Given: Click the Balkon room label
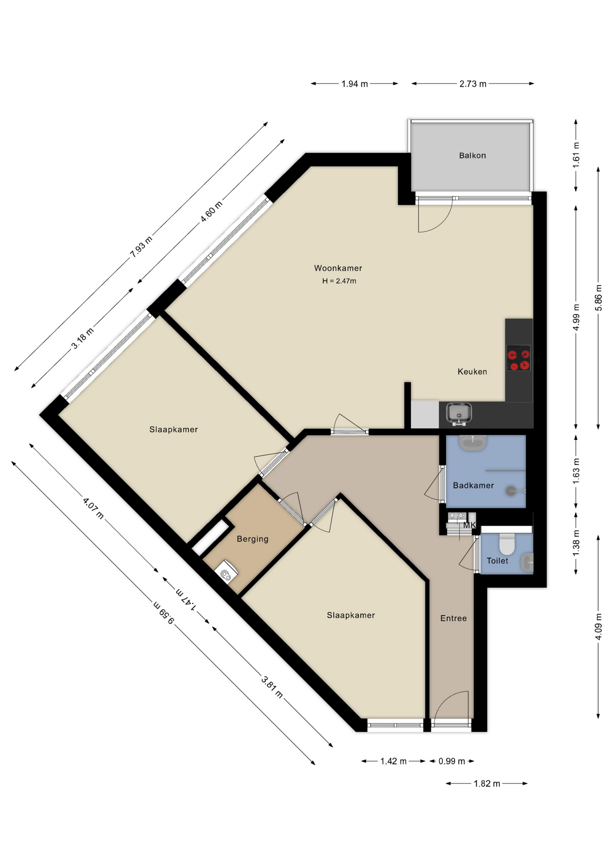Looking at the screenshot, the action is (472, 155).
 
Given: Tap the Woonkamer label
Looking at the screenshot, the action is (338, 268).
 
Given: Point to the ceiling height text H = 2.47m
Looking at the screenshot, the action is (339, 281).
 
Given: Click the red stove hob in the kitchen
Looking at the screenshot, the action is (518, 358).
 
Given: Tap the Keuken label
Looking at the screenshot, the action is (472, 372).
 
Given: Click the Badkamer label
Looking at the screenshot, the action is (473, 485).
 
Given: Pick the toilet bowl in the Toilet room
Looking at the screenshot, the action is (507, 544).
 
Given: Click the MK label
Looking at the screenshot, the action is (469, 525).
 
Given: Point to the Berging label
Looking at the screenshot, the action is (252, 539).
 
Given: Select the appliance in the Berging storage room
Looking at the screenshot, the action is (226, 572).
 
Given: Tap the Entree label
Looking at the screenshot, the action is (453, 618).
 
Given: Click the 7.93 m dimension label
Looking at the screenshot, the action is (141, 247).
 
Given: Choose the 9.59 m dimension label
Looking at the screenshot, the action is (163, 612).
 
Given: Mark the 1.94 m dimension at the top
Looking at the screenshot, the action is (354, 84).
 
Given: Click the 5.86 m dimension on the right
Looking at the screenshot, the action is (598, 298).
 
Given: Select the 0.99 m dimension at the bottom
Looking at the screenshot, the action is (451, 761).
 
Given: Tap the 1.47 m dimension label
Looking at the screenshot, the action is (186, 599).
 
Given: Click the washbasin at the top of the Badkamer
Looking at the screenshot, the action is (473, 442).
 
